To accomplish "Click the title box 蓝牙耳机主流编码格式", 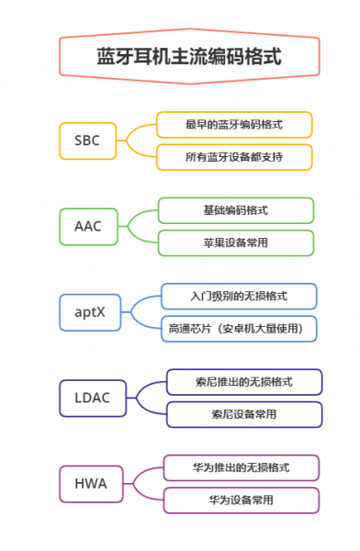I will [x=188, y=56].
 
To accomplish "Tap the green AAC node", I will [x=88, y=224].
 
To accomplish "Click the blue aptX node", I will [x=90, y=311].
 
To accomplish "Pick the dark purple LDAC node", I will [x=93, y=397].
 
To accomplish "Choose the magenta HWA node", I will [x=91, y=483].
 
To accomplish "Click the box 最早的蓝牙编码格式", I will [x=233, y=124].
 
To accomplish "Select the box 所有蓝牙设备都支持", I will [x=233, y=157].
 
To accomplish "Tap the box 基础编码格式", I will [x=235, y=209].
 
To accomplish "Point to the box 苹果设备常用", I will [x=235, y=242].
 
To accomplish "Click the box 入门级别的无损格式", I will [x=239, y=296].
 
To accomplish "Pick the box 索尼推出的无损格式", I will [x=243, y=381].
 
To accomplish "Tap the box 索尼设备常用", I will [x=243, y=414].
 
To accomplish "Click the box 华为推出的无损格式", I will [x=242, y=467].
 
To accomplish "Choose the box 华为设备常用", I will [x=242, y=500].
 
